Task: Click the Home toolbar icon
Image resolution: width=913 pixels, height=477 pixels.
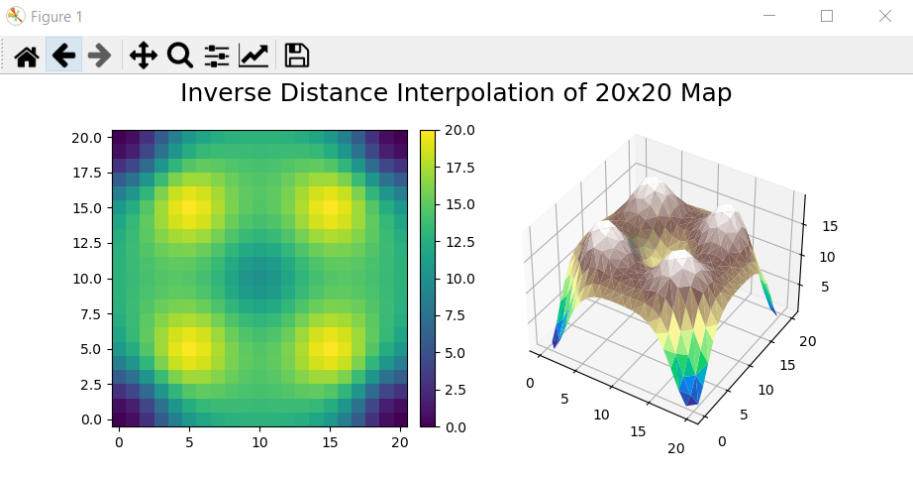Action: click(27, 56)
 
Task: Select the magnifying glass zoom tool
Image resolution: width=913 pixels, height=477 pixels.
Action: click(179, 56)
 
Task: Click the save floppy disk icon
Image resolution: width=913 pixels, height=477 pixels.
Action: click(297, 56)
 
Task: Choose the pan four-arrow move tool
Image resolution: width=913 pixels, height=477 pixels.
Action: click(143, 56)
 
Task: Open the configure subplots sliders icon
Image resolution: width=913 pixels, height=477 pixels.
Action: click(217, 56)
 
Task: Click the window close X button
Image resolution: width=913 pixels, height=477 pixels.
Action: click(884, 16)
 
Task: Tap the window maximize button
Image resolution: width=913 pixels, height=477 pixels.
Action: click(827, 16)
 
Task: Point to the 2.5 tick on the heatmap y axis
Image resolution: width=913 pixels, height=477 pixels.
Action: click(90, 384)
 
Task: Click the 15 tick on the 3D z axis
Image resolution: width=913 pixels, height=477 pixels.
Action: click(831, 226)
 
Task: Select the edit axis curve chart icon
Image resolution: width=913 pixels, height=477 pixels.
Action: click(254, 56)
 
